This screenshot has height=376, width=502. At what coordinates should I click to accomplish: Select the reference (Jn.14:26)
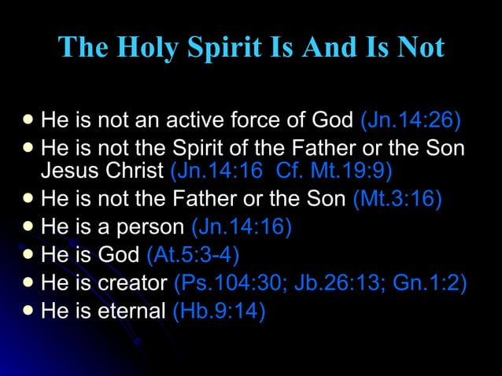click(411, 122)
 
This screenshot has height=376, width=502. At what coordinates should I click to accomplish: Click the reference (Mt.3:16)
click(397, 199)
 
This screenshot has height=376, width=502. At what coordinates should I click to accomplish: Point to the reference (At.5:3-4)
click(194, 255)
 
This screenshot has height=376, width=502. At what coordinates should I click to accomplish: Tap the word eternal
click(127, 311)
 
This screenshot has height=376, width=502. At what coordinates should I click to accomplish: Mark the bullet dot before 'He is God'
click(28, 254)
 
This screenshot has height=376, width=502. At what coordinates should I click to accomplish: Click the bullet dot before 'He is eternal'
click(28, 311)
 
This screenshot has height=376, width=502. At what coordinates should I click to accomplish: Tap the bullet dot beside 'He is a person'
click(28, 227)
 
